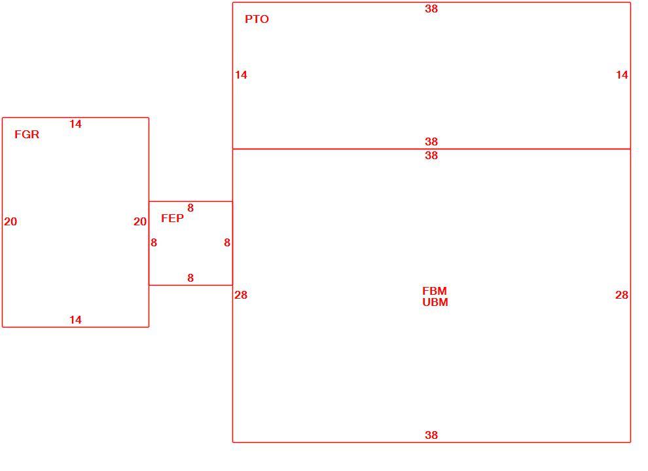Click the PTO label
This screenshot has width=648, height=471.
coord(257,19)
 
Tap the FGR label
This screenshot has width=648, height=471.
coord(27,134)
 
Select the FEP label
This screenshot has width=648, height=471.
coord(172,218)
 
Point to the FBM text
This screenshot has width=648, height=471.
coord(435,291)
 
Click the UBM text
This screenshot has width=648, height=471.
coord(435,302)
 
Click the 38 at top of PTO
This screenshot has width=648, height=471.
coord(431,9)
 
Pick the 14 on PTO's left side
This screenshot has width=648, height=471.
coord(241,75)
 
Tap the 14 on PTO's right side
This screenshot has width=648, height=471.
coord(622,75)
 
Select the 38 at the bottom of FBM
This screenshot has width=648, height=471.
coord(431,435)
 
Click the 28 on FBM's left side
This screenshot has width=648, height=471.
coord(241,295)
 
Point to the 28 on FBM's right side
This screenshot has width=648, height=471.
coord(622,295)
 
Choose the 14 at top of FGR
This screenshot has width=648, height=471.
coord(76,124)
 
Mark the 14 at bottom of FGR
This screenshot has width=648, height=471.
coord(76,320)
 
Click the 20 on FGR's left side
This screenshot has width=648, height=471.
coord(10,221)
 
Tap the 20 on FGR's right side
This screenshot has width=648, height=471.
coord(140,221)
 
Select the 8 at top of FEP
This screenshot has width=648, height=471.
coord(190,208)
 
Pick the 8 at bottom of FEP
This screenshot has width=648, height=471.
coord(190,278)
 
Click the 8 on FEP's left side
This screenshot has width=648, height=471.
coord(154,243)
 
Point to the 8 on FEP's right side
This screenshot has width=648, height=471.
coord(227,243)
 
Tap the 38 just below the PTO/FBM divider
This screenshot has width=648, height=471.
coord(431,155)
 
